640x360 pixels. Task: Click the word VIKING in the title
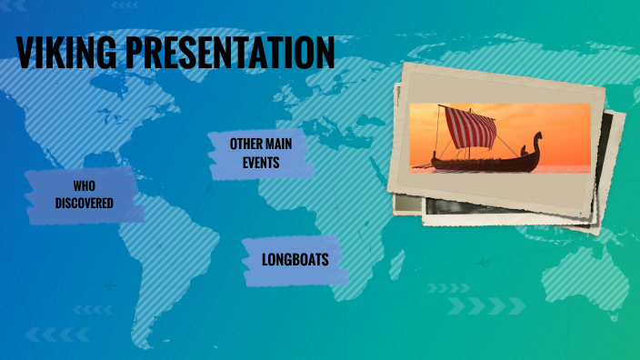(65, 54)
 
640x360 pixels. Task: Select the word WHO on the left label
(84, 185)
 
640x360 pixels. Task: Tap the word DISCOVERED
(84, 203)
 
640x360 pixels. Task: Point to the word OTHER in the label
(247, 144)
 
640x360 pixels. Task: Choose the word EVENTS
(261, 164)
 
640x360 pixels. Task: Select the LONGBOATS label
(295, 260)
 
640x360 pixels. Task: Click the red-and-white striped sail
(469, 128)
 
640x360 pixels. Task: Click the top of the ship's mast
(440, 107)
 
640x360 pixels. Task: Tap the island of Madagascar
(397, 263)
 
